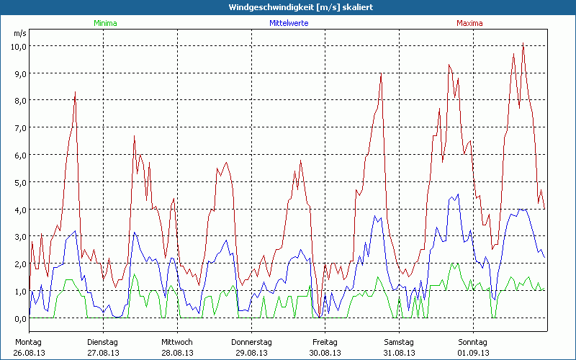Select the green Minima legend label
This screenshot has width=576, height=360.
105,23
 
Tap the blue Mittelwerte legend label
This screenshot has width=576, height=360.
289,23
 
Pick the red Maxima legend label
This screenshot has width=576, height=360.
469,23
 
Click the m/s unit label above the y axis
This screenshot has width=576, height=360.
19,33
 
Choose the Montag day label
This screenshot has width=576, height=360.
28,341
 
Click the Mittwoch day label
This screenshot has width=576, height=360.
176,341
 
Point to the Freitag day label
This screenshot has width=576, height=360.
325,341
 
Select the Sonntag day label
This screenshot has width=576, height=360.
472,341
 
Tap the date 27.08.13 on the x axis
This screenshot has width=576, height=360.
102,352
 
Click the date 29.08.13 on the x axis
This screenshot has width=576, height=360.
251,352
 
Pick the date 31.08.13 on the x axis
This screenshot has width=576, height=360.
398,352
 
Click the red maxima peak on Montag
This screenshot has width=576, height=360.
75,92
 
